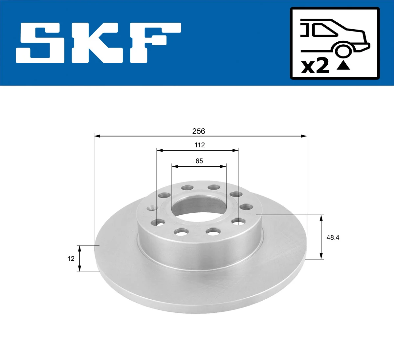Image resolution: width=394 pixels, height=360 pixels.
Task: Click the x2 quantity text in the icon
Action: coord(315,67)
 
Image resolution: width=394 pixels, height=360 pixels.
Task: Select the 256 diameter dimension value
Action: coord(199,131)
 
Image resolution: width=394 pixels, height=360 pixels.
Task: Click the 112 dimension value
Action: coord(199,145)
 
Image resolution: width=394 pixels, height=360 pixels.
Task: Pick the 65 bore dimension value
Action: coord(199,161)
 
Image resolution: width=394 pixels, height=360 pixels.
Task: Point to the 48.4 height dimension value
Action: coord(333,238)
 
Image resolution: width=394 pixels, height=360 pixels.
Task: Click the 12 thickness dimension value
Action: coord(71,259)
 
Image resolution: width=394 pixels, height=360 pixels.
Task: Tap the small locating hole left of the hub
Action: coord(152,208)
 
